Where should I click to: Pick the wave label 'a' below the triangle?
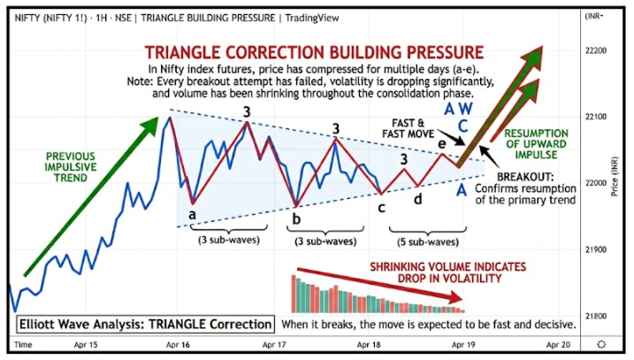pos(193,213)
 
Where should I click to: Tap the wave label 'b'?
pos(296,218)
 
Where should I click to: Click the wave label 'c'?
pos(381,208)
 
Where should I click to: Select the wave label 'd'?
pos(418,198)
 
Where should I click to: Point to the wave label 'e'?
pos(442,143)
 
